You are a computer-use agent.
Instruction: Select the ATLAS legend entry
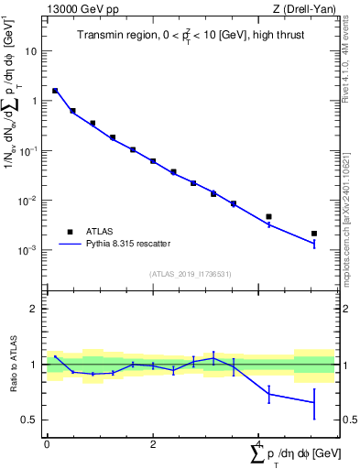(x=107, y=232)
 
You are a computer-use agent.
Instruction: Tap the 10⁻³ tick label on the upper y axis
(x=29, y=249)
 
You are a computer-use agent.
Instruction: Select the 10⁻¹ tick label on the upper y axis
(x=29, y=150)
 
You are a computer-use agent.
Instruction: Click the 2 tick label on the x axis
(x=153, y=444)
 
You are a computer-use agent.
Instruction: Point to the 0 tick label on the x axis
(x=47, y=444)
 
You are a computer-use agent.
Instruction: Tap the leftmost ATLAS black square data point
(x=55, y=91)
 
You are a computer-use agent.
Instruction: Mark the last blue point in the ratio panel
(x=314, y=402)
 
